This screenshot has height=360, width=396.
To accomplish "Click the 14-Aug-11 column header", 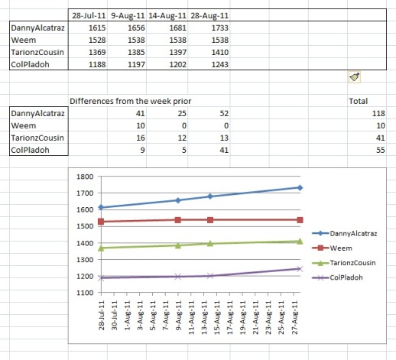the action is click(167, 15).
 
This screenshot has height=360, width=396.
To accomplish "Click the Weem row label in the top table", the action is click(24, 40).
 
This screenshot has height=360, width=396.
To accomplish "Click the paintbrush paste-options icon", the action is click(354, 77).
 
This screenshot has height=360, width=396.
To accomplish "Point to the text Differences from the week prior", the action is click(130, 101).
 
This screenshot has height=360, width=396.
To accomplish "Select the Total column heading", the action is click(358, 101).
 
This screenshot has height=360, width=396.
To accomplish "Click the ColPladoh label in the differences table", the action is click(30, 150).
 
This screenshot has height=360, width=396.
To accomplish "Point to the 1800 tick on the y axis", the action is click(85, 177).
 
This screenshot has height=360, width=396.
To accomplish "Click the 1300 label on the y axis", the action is click(85, 260).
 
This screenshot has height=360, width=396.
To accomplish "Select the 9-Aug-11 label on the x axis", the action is click(179, 315).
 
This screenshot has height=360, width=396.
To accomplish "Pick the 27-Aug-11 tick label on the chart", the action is click(294, 317).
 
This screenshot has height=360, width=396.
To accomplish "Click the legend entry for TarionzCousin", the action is click(344, 263).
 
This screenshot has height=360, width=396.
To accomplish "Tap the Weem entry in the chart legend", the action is click(332, 248).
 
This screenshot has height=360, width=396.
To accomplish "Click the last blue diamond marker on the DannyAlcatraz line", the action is click(300, 188).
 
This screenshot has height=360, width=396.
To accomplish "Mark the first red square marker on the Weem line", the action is click(101, 222).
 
